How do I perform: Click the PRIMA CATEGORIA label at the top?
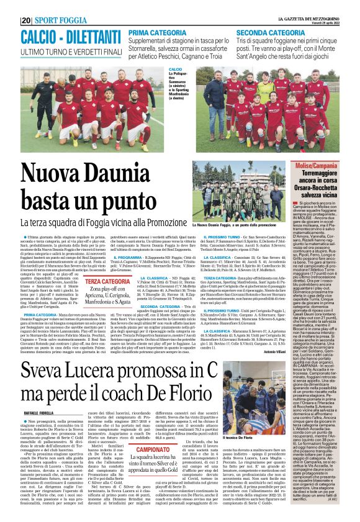coord(158,32)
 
